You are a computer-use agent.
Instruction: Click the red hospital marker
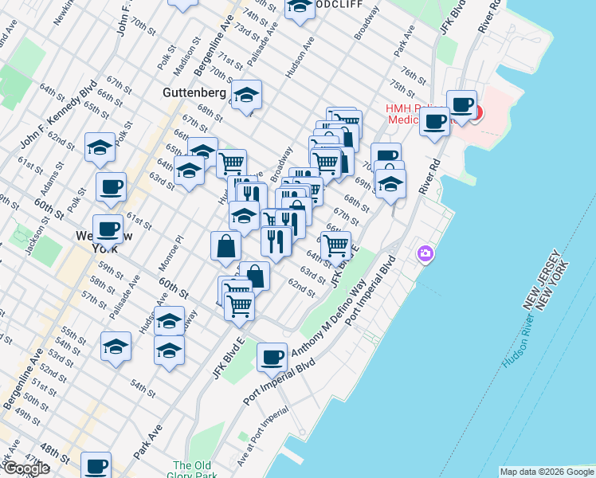point(475,113)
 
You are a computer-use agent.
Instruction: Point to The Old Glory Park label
point(192,471)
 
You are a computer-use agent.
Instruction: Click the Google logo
point(25,468)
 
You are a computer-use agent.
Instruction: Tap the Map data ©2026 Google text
point(547,472)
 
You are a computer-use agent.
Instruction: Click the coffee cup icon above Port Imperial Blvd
point(273,357)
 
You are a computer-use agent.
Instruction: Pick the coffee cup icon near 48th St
point(96,466)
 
